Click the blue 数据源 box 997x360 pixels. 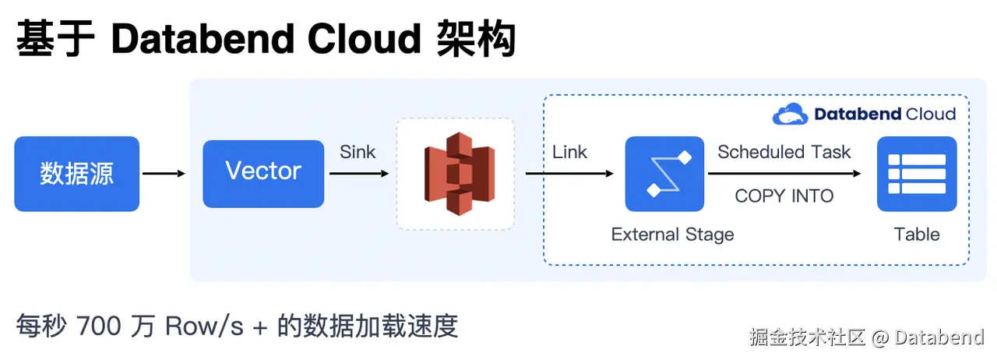pyautogui.click(x=76, y=174)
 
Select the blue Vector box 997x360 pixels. pyautogui.click(x=263, y=174)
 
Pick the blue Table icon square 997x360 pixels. pyautogui.click(x=917, y=174)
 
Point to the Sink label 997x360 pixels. pyautogui.click(x=358, y=152)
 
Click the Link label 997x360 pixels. pyautogui.click(x=569, y=152)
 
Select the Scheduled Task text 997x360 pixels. pyautogui.click(x=784, y=152)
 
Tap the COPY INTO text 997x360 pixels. pyautogui.click(x=784, y=196)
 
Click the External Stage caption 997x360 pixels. pyautogui.click(x=672, y=235)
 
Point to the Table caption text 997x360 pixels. pyautogui.click(x=917, y=235)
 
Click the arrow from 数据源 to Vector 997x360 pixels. pyautogui.click(x=164, y=174)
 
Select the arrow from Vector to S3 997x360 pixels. pyautogui.click(x=358, y=174)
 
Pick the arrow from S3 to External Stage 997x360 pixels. pyautogui.click(x=569, y=174)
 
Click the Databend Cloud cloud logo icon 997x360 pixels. pyautogui.click(x=790, y=115)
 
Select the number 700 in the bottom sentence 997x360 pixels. pyautogui.click(x=99, y=326)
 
